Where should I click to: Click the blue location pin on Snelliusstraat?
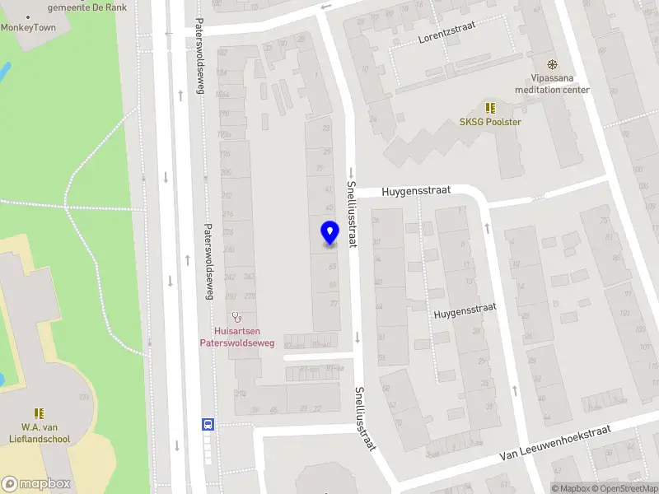click(329, 233)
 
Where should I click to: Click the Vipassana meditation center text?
click(552, 84)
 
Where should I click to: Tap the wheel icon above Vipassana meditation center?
click(552, 64)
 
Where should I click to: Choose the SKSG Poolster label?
click(490, 122)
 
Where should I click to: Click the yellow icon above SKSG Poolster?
click(490, 108)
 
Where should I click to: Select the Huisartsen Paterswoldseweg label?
click(237, 337)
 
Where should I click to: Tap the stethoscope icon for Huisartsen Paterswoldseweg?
click(237, 315)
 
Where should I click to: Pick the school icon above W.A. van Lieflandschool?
click(38, 413)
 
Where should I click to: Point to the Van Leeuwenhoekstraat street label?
click(556, 444)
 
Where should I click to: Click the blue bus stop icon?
click(208, 425)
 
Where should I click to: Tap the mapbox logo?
click(36, 484)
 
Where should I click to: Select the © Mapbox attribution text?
click(571, 489)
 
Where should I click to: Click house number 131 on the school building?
click(83, 397)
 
